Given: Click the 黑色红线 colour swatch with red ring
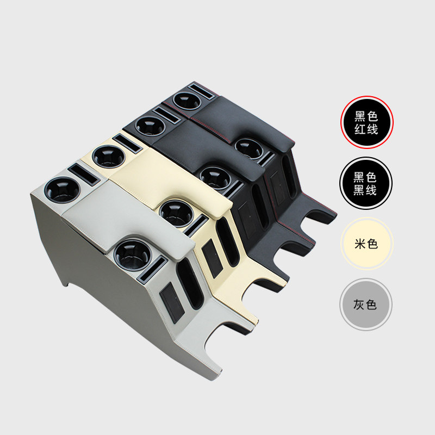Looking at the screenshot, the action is [366, 122].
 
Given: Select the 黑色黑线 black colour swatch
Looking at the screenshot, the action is [366, 183].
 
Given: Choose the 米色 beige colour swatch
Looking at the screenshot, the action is [366, 244].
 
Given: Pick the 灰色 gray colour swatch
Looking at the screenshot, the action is [366, 304].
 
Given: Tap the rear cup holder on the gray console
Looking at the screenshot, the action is [62, 190].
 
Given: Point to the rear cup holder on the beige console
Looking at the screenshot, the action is [108, 156].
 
